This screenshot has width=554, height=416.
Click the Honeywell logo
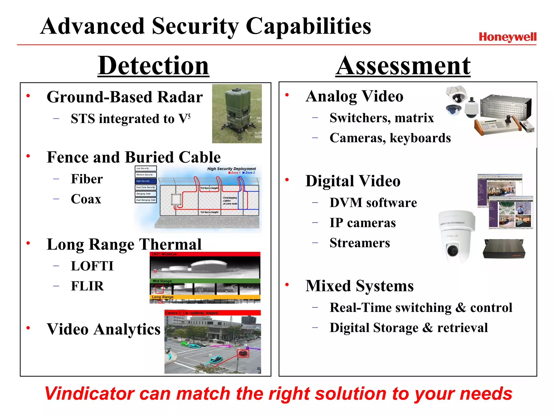point(507,37)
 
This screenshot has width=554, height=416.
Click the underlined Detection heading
point(153,66)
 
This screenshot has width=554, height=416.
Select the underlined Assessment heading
point(403,66)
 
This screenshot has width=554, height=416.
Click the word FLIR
point(87,286)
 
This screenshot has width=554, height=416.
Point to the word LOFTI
point(92,266)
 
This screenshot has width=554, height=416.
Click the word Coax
point(86,199)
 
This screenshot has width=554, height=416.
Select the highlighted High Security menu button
point(146,181)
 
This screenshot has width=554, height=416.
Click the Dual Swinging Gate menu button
point(146,200)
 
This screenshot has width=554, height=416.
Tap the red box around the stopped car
point(243,353)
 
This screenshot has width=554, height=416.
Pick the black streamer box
point(504,249)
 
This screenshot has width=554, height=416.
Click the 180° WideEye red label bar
point(205,254)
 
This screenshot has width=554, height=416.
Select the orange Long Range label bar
point(205,297)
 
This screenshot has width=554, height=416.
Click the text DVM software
point(373,203)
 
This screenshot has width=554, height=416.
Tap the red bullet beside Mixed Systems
point(287,285)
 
